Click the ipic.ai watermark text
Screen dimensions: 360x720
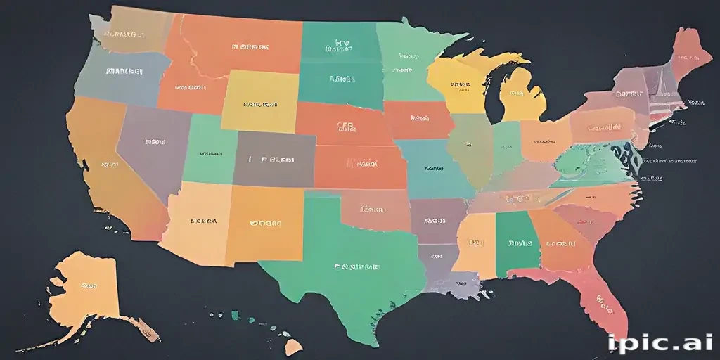(660, 342)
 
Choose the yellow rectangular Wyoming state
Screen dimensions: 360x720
(260, 102)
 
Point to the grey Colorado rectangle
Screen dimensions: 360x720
(275, 160)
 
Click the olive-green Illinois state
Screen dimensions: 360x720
(467, 148)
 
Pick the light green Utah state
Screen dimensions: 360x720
(210, 151)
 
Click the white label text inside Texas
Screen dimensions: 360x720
(357, 267)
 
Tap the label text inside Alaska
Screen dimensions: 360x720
(88, 286)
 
